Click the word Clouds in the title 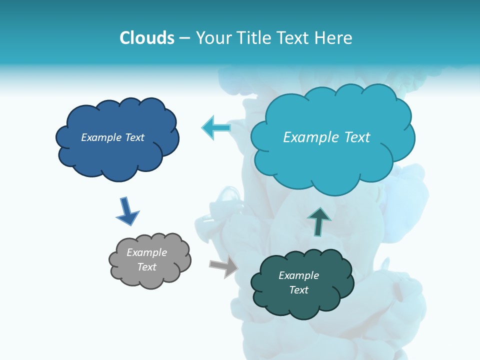[147, 38]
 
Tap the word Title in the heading [252, 38]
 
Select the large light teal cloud [332, 160]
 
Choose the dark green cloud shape [301, 302]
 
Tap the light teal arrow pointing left [216, 127]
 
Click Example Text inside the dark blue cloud [112, 137]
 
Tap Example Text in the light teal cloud [326, 137]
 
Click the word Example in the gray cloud [146, 252]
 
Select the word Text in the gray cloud [146, 267]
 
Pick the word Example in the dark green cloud [298, 275]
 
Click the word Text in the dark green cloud [298, 290]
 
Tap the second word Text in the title [291, 38]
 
